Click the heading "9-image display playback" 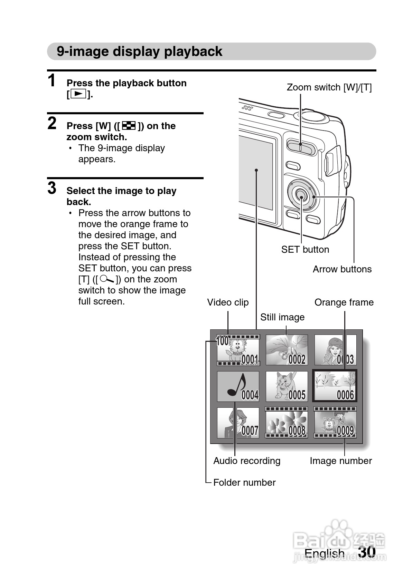(x=139, y=51)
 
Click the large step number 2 (x=52, y=123)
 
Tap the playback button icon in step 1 (x=79, y=94)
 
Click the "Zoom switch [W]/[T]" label (x=329, y=87)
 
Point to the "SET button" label (x=305, y=250)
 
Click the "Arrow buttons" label (x=342, y=269)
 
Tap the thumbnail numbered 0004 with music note (x=238, y=386)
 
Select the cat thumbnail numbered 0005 (x=287, y=386)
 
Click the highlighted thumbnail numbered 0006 (x=335, y=386)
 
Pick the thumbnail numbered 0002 (x=287, y=350)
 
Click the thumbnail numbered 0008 (x=287, y=422)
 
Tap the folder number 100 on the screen (x=222, y=341)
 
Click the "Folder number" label (x=244, y=483)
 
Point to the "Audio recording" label (x=247, y=461)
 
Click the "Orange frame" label (x=344, y=302)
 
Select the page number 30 (x=367, y=552)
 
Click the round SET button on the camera (x=301, y=197)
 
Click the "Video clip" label (x=228, y=302)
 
